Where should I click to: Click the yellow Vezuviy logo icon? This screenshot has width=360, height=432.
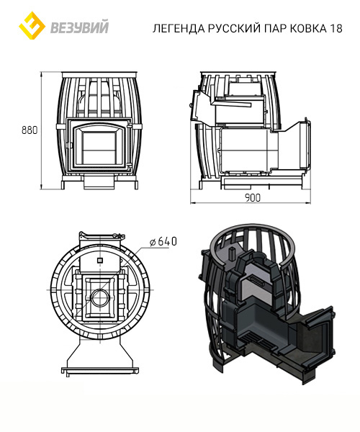pos(32,25)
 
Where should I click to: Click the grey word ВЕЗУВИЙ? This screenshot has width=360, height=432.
pos(79,27)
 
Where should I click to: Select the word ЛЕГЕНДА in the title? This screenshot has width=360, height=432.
pos(179,28)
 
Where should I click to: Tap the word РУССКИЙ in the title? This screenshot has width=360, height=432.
pos(234,28)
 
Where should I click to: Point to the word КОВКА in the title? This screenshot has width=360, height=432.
pos(307,28)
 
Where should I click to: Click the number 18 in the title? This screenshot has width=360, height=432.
pos(335,28)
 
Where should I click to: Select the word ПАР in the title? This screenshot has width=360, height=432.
pos(274,28)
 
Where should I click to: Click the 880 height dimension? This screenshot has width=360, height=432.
pos(30,130)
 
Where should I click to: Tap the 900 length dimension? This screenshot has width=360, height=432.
pos(252,198)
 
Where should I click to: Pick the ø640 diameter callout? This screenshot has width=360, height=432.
pos(163,242)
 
